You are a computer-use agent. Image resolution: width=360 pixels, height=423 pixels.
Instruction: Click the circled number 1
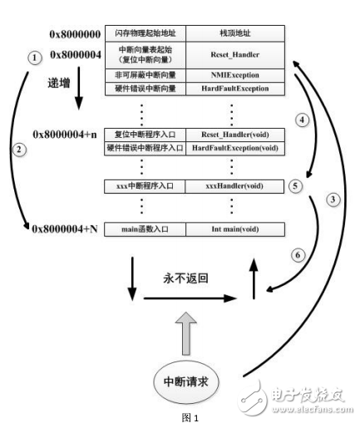[34, 58]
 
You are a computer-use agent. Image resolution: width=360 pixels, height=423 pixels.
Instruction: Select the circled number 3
[333, 199]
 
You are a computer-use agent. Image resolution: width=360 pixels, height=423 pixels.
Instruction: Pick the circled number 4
[303, 120]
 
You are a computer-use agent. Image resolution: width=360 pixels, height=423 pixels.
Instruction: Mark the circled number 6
[294, 255]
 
